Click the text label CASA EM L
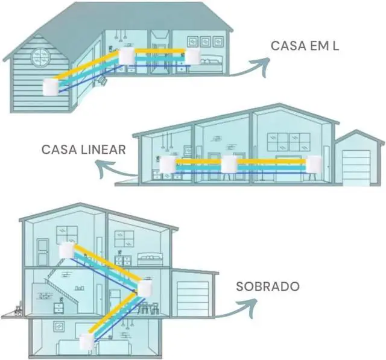click(x=305, y=46)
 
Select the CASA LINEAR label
click(x=83, y=149)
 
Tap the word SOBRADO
click(x=268, y=286)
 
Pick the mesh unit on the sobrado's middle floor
click(x=145, y=289)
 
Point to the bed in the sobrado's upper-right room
click(x=150, y=259)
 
